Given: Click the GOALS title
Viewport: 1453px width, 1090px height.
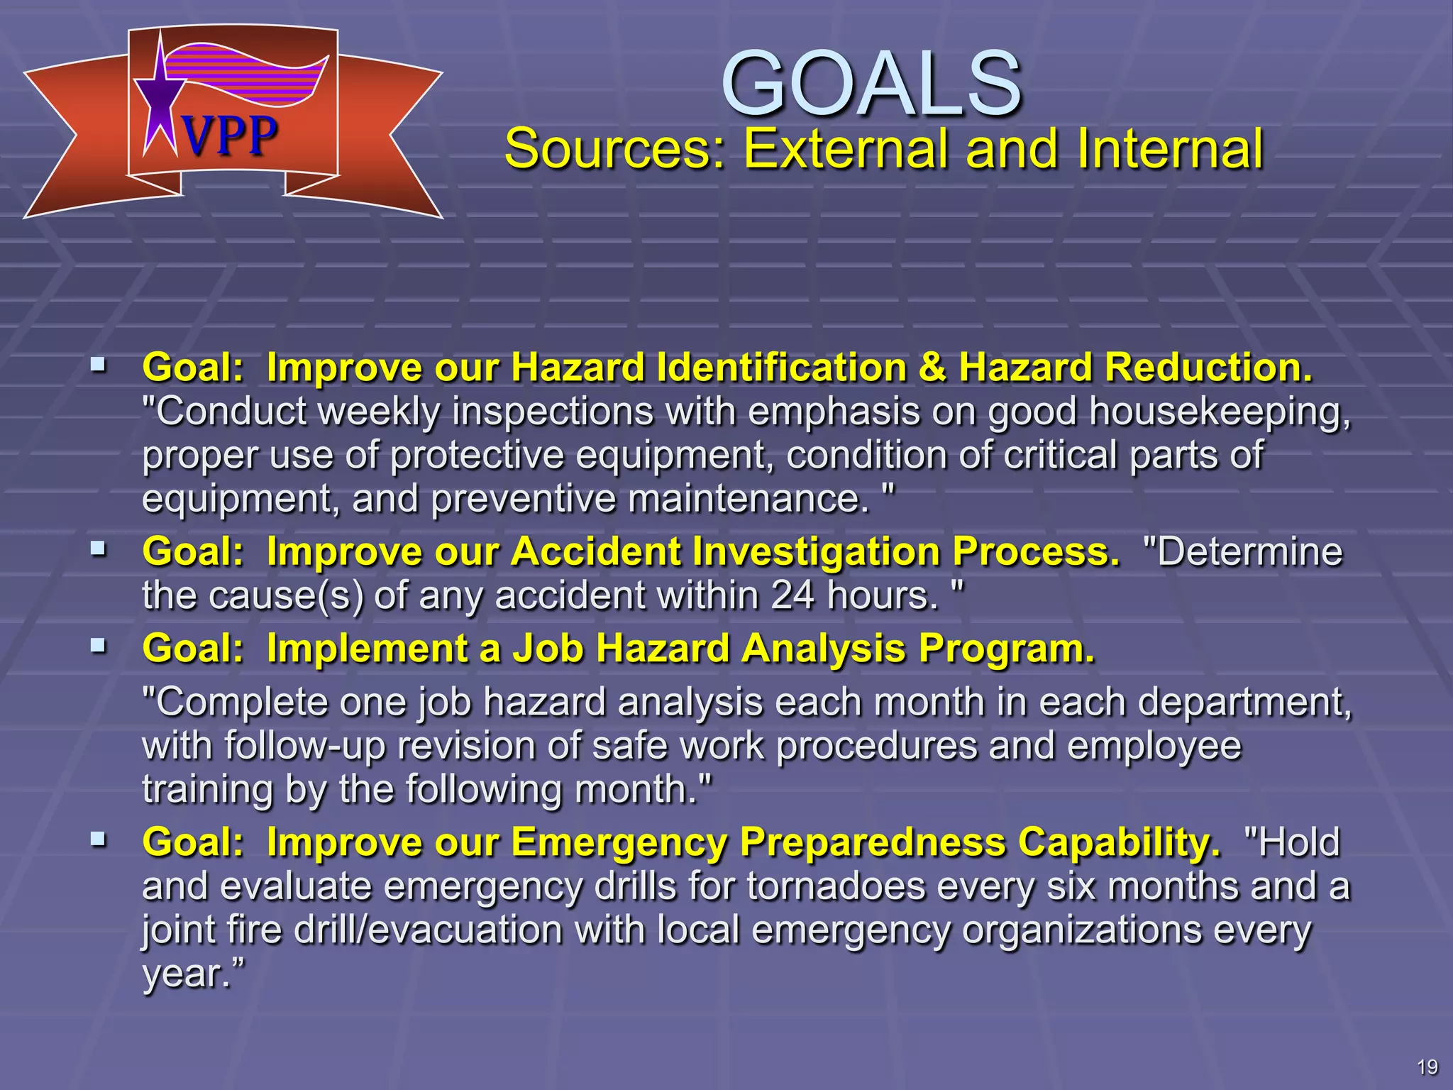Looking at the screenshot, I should pos(871,83).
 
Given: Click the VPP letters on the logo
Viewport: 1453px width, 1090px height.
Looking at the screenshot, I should pos(229,136).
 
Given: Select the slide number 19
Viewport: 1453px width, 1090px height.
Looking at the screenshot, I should pos(1427,1067).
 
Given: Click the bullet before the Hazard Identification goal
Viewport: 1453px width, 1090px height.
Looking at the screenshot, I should pos(98,366).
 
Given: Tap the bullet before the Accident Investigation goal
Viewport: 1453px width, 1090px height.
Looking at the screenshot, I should pos(98,549).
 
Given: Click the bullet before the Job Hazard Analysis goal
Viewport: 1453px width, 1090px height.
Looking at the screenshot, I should pos(98,646).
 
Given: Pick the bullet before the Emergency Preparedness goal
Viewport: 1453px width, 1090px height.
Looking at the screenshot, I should pos(98,840).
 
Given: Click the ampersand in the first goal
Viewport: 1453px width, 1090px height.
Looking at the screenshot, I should pos(932,368).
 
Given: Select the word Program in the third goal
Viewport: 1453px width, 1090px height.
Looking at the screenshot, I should pos(1006,649).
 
